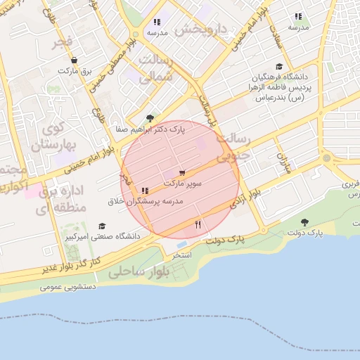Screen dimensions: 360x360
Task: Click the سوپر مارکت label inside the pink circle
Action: point(183,183)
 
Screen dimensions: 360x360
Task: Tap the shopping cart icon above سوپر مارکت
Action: point(183,172)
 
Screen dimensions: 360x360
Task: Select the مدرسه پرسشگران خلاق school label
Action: point(145,201)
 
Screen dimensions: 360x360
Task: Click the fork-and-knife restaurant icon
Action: point(198,225)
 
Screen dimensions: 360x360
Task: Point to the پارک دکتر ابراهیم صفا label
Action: point(150,129)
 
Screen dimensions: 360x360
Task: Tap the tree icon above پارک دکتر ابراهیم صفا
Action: point(149,118)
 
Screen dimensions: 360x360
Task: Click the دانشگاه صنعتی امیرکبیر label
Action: point(103,237)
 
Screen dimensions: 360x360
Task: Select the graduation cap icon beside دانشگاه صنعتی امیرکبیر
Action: point(103,226)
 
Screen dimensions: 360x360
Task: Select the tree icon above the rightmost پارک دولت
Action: point(304,221)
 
